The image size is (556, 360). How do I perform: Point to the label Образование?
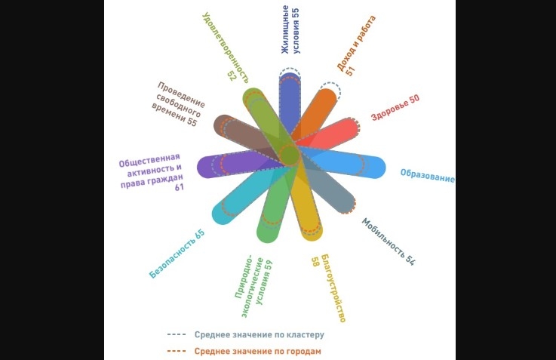pyautogui.click(x=427, y=175)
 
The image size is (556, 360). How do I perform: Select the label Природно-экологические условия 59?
pyautogui.click(x=252, y=289)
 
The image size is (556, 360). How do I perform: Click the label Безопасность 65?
pyautogui.click(x=177, y=254)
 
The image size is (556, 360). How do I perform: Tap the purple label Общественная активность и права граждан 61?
pyautogui.click(x=151, y=173)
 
